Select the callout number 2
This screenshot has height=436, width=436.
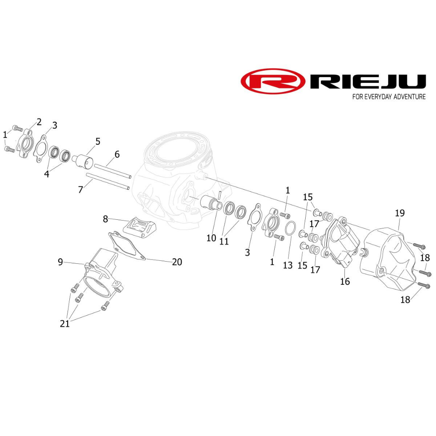[x=39, y=122]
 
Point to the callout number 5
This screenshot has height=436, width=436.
[x=98, y=141]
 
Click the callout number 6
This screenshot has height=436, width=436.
[x=117, y=154]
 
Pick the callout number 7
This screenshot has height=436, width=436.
[x=80, y=190]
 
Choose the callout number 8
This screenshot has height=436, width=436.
[x=106, y=219]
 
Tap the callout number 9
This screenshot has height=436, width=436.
[x=60, y=262]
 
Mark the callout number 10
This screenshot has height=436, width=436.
[x=211, y=238]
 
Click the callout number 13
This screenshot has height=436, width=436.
[x=288, y=265]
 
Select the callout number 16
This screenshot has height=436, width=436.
[x=345, y=282]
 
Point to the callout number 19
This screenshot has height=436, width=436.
[x=400, y=213]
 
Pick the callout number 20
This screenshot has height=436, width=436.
[x=177, y=262]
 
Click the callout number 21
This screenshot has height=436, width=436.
[x=65, y=324]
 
